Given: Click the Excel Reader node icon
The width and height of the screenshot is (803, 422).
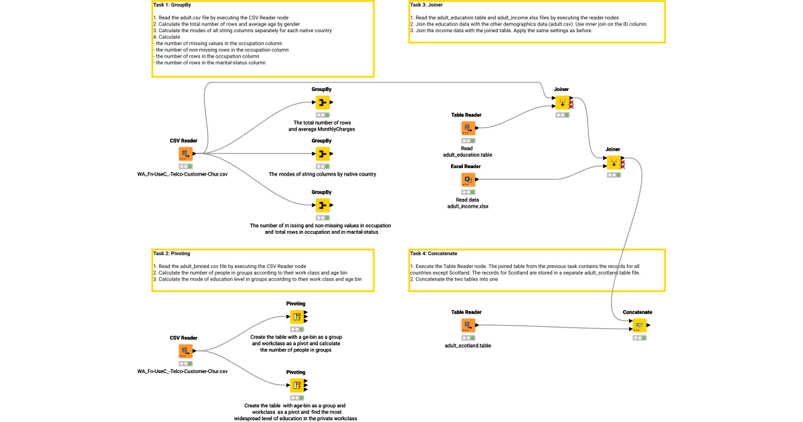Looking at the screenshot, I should click(x=468, y=180).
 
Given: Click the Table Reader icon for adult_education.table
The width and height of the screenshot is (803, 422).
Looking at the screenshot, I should click(x=466, y=128).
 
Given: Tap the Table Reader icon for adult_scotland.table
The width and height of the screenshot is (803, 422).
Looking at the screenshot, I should click(x=466, y=326).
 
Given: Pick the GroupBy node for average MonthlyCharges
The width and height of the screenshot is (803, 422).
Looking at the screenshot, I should click(x=322, y=102).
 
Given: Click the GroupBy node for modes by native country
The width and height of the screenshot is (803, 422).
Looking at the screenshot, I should click(x=322, y=154).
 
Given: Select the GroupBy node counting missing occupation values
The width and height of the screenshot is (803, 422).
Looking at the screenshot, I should click(x=322, y=205).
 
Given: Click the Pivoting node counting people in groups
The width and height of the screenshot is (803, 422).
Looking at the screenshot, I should click(x=296, y=317).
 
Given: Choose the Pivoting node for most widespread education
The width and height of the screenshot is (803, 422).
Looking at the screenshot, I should click(x=296, y=385).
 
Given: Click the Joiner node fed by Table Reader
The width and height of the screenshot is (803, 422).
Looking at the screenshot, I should click(x=561, y=102).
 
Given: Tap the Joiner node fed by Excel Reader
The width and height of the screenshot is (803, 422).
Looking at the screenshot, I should click(x=613, y=162).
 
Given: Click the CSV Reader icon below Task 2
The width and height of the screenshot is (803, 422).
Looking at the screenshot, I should click(x=184, y=351).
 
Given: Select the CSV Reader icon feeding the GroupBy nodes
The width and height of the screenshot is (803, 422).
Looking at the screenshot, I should click(x=184, y=154).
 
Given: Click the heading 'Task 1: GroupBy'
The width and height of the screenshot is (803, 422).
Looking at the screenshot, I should click(x=173, y=5).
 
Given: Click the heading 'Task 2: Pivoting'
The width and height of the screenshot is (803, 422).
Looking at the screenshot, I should click(x=171, y=254).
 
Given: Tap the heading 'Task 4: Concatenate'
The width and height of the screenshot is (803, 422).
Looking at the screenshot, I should click(x=434, y=254).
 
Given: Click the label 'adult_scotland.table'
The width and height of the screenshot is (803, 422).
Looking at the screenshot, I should click(x=468, y=346).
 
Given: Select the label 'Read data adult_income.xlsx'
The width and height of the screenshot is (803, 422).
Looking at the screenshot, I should click(x=468, y=202).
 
